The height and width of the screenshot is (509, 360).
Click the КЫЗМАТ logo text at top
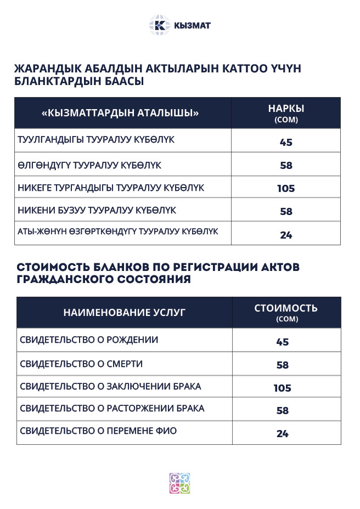[x=192, y=25]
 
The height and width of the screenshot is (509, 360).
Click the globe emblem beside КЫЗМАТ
[x=160, y=25]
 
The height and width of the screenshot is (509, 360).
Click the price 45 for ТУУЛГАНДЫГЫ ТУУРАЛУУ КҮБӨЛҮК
[x=286, y=143]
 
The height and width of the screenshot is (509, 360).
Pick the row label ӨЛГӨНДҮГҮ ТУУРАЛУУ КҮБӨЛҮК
[x=89, y=165]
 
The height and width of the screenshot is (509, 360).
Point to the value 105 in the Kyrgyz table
[x=286, y=189]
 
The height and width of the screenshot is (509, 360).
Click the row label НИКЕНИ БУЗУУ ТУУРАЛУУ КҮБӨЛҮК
[x=97, y=211]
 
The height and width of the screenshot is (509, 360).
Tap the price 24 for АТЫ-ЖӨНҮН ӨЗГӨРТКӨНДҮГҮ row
[x=286, y=235]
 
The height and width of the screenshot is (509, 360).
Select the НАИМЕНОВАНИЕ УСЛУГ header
[x=125, y=313]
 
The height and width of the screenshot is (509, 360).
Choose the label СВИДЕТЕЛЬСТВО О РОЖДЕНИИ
[x=89, y=340]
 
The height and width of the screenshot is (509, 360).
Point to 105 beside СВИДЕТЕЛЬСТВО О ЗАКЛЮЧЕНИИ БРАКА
[x=283, y=388]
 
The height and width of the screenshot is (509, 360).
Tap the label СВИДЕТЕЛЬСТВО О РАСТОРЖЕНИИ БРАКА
[x=112, y=409]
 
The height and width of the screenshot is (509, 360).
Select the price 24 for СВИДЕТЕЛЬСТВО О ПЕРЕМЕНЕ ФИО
[x=283, y=434]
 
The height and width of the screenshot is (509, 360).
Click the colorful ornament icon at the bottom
[x=179, y=483]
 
